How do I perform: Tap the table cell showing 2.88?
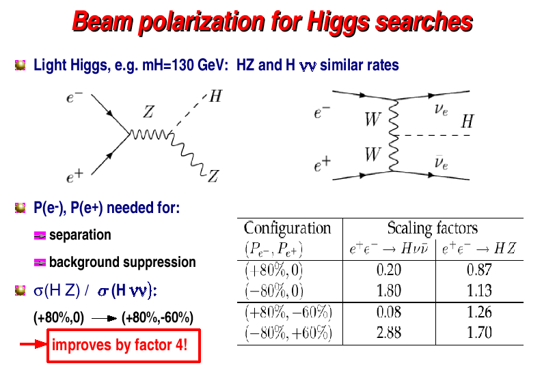tap(389, 332)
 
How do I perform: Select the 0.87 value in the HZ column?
tap(479, 270)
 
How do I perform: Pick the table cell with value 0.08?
tap(389, 312)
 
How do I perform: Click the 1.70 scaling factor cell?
tap(479, 332)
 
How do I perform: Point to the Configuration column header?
tap(287, 228)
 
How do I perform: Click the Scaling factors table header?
tap(433, 228)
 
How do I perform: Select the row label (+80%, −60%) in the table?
tap(288, 312)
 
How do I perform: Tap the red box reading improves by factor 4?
tap(124, 345)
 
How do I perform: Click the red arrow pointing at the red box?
tap(33, 344)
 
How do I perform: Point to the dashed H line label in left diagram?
tap(216, 96)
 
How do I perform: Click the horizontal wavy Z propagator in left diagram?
tap(150, 134)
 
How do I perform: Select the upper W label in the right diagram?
tap(372, 119)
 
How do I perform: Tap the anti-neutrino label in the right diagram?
tap(441, 162)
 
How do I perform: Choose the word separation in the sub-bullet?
tap(80, 235)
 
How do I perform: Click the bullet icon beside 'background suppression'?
tap(40, 263)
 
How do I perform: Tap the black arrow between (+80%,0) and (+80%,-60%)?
tap(105, 318)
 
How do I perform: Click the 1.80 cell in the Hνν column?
tap(389, 291)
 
